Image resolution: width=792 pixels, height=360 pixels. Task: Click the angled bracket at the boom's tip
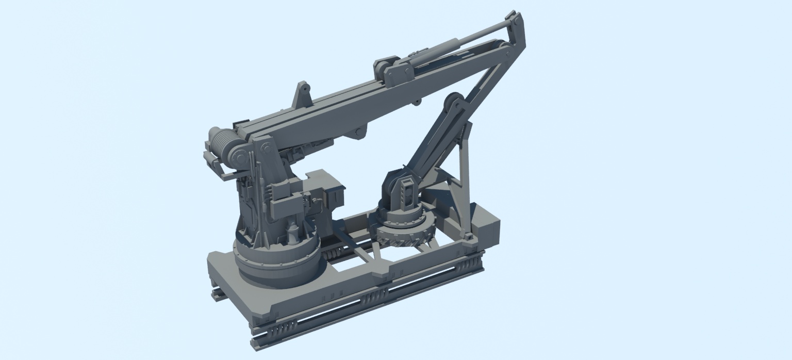516,31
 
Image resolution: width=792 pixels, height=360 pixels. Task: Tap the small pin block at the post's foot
468,236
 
